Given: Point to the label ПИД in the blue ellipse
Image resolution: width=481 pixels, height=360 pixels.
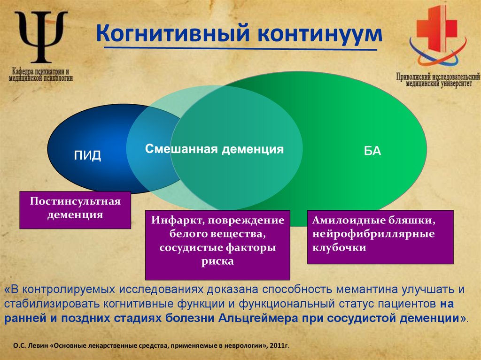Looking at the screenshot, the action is [x=87, y=156].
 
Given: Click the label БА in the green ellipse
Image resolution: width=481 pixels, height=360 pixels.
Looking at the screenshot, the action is [x=372, y=152].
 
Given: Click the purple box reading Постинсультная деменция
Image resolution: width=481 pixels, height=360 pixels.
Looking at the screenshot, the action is [x=75, y=209].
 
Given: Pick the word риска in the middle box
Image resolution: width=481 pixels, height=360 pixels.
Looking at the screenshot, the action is [x=217, y=261].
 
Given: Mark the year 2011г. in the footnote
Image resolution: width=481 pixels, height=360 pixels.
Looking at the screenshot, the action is [x=280, y=346].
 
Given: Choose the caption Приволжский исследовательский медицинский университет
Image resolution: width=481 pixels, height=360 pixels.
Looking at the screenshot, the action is [x=437, y=79].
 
